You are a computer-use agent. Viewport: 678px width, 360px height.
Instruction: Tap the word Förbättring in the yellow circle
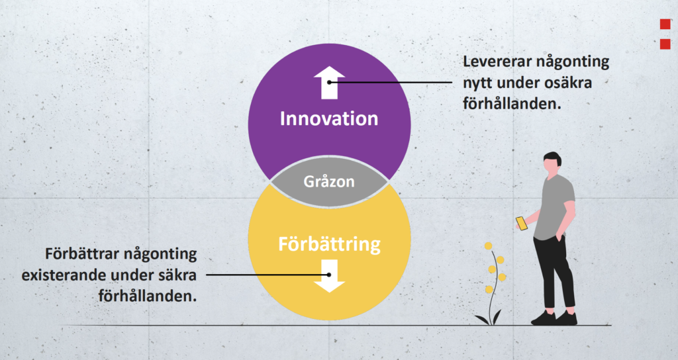click(329, 245)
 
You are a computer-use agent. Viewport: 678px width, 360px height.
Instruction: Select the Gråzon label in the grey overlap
click(329, 181)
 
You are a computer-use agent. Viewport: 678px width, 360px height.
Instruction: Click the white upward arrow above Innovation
click(329, 83)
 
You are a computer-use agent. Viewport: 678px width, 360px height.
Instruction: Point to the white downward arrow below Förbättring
click(329, 276)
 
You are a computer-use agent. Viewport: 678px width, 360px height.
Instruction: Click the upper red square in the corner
click(665, 24)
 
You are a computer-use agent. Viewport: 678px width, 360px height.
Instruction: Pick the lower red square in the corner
click(665, 44)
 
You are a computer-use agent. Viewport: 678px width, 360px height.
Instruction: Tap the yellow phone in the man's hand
click(522, 224)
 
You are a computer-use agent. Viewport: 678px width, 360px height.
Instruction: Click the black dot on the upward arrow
click(329, 82)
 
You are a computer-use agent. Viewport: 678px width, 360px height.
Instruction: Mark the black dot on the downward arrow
click(329, 275)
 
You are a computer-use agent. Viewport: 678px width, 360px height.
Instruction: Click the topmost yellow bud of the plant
click(488, 246)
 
